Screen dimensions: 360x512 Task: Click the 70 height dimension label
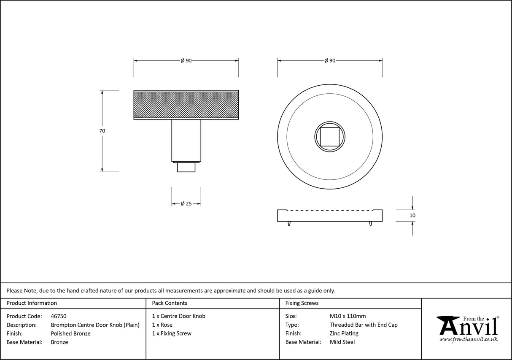click(102, 131)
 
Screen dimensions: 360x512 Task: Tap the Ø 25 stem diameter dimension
click(186, 203)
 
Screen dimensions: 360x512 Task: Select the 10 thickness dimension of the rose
click(412, 215)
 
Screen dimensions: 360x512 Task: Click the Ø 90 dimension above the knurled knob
click(186, 61)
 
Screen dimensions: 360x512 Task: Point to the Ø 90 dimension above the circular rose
click(330, 61)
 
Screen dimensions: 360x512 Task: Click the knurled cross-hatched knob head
click(186, 105)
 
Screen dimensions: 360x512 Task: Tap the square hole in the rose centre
click(330, 136)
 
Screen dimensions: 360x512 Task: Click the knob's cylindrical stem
click(186, 140)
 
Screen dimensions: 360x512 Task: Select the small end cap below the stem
click(186, 167)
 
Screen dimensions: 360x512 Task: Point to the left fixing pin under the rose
click(289, 224)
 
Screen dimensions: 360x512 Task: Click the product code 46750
click(58, 316)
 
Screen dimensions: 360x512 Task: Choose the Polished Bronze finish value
click(70, 333)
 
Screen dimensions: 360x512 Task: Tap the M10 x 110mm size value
click(348, 316)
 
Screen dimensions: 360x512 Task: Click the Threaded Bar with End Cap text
click(363, 325)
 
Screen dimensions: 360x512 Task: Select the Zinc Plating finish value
click(344, 333)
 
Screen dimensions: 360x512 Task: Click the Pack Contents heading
click(170, 303)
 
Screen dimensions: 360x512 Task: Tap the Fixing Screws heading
click(302, 303)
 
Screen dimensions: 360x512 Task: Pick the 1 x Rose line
click(162, 325)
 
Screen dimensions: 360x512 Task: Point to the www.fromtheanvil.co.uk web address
click(468, 339)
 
